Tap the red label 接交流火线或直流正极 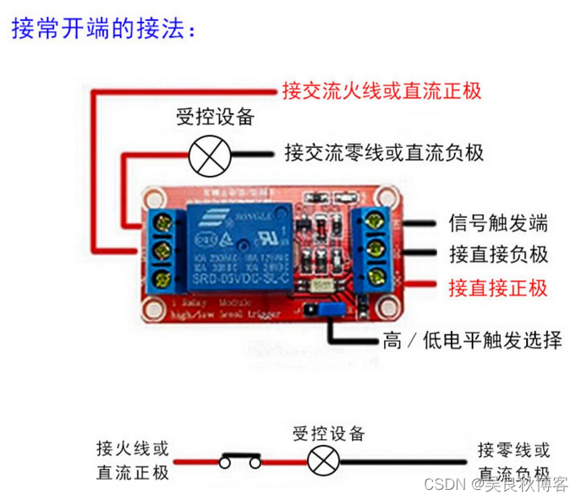(382, 91)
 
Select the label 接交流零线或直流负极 (384, 152)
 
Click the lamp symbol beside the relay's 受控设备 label (203, 154)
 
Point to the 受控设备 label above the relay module (215, 117)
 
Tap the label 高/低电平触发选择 (472, 341)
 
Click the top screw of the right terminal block (378, 223)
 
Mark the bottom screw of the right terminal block (378, 275)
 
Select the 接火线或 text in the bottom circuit (133, 448)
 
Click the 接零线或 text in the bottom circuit (513, 449)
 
